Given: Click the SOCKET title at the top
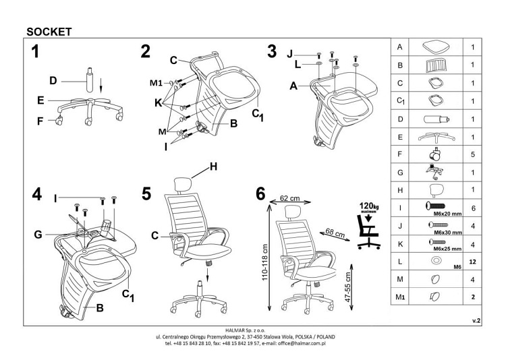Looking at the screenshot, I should coord(49,30).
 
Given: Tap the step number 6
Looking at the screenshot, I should coord(260,193).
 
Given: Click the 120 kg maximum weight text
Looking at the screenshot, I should coord(366,205).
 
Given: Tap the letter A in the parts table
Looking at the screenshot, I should coord(401,48).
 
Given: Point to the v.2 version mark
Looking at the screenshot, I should coord(476,322).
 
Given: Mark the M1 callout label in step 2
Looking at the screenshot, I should coord(157,83).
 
